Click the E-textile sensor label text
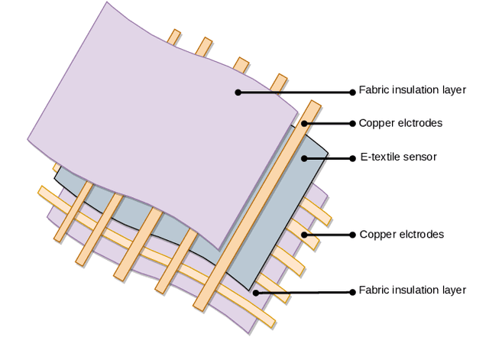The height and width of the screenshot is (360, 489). pyautogui.click(x=397, y=157)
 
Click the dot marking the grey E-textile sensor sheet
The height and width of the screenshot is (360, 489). pyautogui.click(x=304, y=158)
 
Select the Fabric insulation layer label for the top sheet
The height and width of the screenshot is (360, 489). pyautogui.click(x=412, y=90)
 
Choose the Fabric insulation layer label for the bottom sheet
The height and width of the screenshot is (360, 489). pyautogui.click(x=412, y=290)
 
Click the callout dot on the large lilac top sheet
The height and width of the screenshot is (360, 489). pyautogui.click(x=238, y=92)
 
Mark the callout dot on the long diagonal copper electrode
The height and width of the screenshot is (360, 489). pyautogui.click(x=304, y=123)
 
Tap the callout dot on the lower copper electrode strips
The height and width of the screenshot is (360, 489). pyautogui.click(x=303, y=234)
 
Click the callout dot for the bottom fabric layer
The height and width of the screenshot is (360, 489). pyautogui.click(x=257, y=292)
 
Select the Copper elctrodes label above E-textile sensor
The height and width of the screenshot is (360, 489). pyautogui.click(x=400, y=123)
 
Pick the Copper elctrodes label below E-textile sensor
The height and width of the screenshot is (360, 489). pyautogui.click(x=400, y=234)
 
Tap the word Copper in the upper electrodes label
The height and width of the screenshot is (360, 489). pyautogui.click(x=375, y=123)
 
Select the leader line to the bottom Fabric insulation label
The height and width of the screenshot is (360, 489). pyautogui.click(x=306, y=292)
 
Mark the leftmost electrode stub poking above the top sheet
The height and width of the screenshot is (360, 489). pyautogui.click(x=175, y=37)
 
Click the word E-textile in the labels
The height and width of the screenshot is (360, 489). pyautogui.click(x=378, y=157)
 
